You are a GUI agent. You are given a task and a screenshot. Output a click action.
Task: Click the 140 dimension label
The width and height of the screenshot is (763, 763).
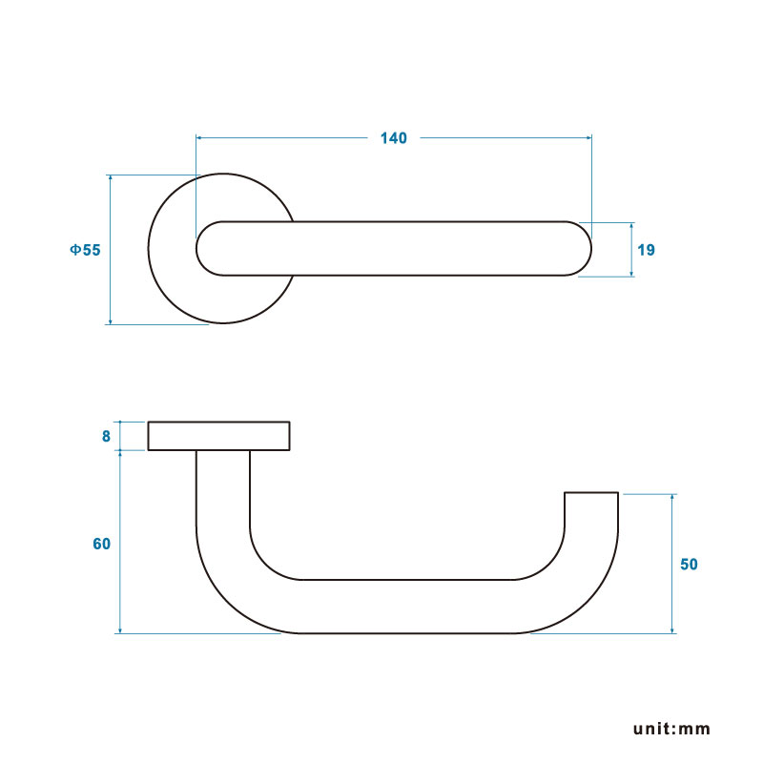(x=393, y=138)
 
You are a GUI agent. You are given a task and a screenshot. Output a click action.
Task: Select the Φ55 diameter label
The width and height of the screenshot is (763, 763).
(x=85, y=250)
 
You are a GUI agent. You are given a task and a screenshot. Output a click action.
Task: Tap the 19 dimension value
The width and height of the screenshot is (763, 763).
(x=647, y=250)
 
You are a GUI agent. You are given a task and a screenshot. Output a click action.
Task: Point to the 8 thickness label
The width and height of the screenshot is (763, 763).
(x=106, y=437)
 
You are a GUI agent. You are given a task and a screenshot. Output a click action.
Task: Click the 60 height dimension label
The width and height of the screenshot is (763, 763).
(x=102, y=544)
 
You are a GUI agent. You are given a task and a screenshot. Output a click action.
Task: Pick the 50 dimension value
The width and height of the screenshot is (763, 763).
(x=689, y=565)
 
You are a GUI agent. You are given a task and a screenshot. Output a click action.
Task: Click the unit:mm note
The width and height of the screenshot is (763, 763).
(x=671, y=729)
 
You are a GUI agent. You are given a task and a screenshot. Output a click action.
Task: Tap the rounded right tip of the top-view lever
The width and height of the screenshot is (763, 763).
(x=591, y=249)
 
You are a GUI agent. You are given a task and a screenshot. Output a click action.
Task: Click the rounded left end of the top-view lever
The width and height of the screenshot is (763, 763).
(x=196, y=249)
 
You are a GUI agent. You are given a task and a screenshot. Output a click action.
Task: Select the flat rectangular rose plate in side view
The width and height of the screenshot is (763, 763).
(x=219, y=436)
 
